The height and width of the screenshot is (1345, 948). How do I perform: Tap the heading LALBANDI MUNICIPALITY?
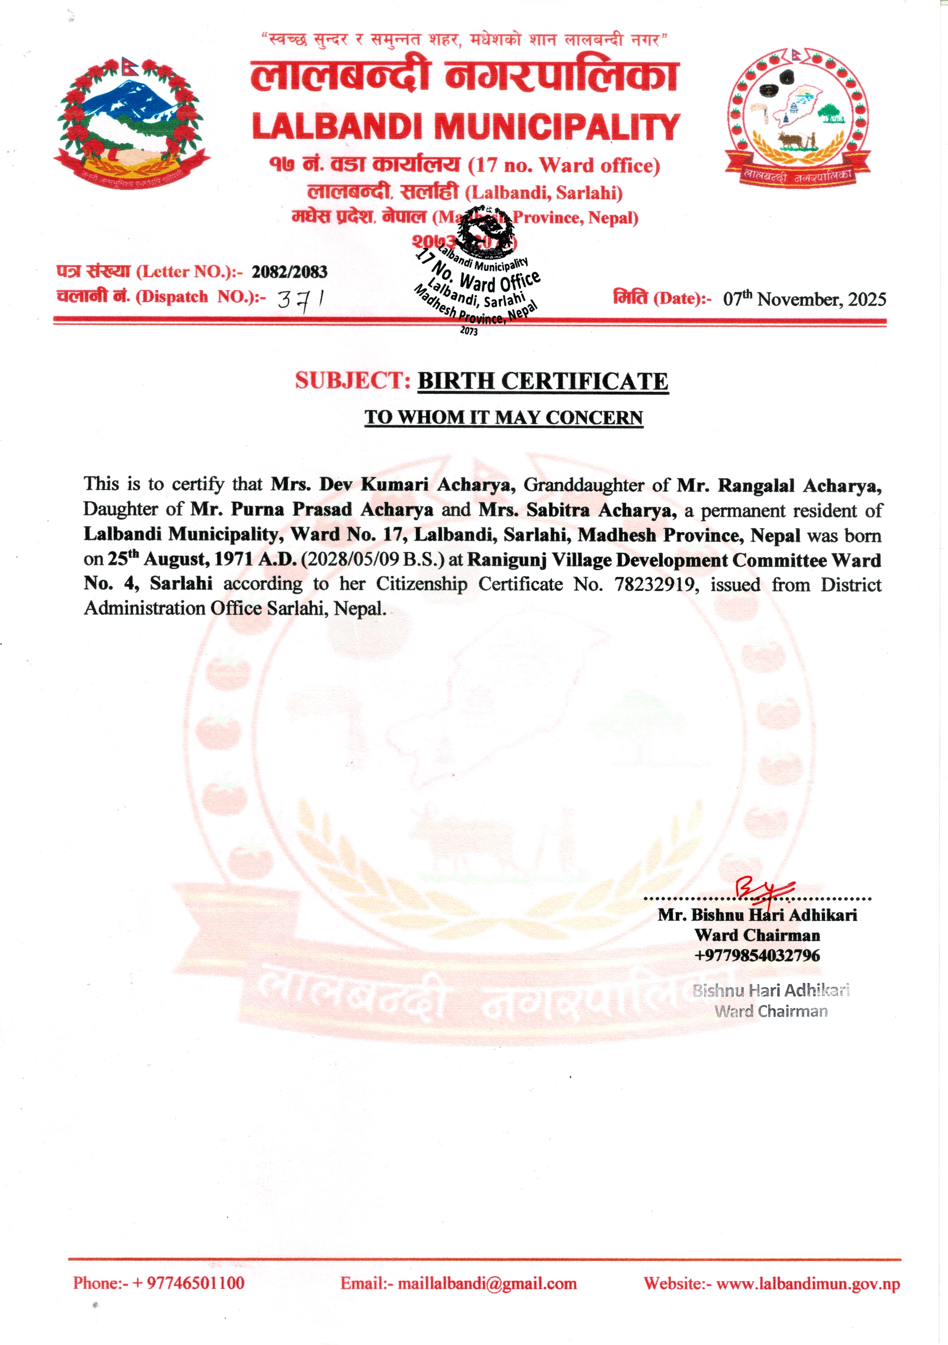(466, 127)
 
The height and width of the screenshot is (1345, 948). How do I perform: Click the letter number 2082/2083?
(289, 272)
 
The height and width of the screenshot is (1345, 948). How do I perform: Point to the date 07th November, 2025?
(804, 299)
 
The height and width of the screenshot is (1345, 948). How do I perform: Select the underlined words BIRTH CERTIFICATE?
(542, 381)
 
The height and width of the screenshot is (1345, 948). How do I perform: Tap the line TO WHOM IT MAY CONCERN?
(504, 418)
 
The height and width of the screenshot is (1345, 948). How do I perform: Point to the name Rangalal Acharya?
(799, 486)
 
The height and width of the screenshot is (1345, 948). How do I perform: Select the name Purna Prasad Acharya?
(332, 510)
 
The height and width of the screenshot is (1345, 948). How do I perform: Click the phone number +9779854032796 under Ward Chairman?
(757, 956)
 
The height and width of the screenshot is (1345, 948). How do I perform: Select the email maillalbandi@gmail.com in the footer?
(487, 1284)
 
